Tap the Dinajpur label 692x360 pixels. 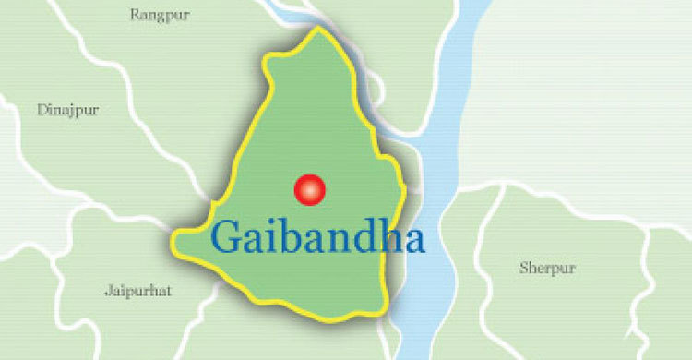click(68, 110)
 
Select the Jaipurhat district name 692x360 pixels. click(137, 291)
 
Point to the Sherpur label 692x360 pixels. click(547, 269)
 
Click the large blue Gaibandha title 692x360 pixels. click(317, 238)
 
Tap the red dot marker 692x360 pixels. click(310, 189)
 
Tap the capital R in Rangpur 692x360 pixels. click(136, 14)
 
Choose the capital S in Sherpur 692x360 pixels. click(524, 269)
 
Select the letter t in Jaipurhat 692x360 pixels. click(168, 291)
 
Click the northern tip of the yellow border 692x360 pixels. click(319, 29)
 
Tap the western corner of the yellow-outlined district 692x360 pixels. click(174, 243)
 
